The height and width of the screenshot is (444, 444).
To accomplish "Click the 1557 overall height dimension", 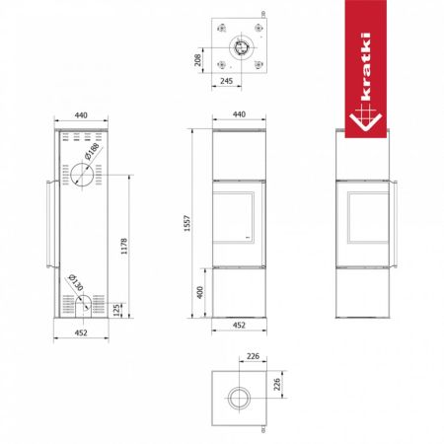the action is (x=187, y=223).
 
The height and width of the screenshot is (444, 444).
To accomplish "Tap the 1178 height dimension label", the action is (x=124, y=247).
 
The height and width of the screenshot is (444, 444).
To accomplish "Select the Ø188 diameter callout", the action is (x=92, y=151).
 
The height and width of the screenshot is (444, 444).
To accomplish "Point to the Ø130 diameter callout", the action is (x=76, y=282).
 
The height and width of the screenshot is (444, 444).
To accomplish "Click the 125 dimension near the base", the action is (x=116, y=310).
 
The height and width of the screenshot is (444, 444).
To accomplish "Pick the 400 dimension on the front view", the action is (x=199, y=292).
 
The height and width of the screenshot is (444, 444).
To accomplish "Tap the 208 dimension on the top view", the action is (x=197, y=60).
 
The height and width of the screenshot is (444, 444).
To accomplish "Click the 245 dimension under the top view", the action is (x=226, y=81).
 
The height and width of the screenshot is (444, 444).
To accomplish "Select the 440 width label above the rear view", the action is (x=81, y=115).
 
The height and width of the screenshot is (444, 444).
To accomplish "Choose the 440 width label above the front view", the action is (x=239, y=114).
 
